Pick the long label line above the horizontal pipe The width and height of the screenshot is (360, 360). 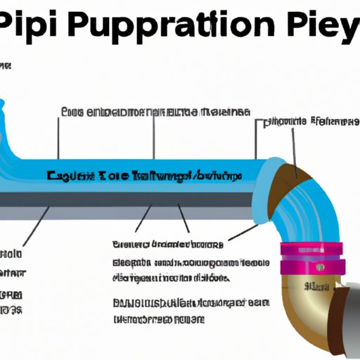click(x=155, y=112)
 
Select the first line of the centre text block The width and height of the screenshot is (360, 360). click(x=167, y=245)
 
